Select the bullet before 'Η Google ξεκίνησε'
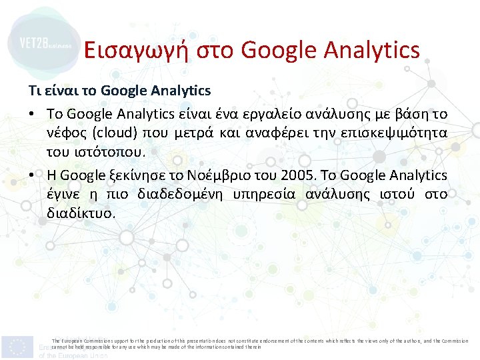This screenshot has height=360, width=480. coord(32,175)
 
